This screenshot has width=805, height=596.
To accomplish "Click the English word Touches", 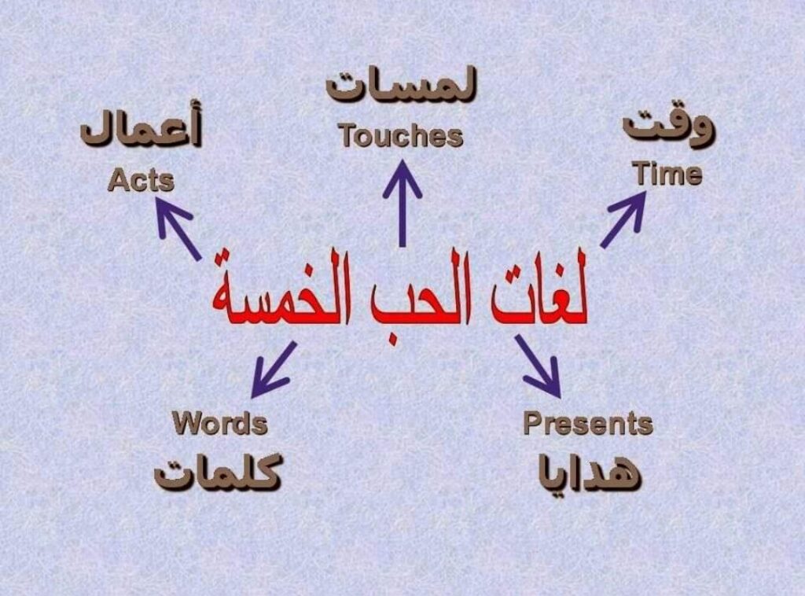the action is pyautogui.click(x=401, y=136).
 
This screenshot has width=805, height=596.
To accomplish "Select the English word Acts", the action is pyautogui.click(x=142, y=180).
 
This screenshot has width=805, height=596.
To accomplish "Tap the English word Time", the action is pyautogui.click(x=667, y=174).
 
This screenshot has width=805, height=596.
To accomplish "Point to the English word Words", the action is pyautogui.click(x=220, y=424).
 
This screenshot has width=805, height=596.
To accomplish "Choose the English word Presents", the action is pyautogui.click(x=588, y=424).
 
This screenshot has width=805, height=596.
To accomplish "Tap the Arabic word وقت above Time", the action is pyautogui.click(x=668, y=128).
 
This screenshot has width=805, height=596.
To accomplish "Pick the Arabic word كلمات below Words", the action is pyautogui.click(x=219, y=471).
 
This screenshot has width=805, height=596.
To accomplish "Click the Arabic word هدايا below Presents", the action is pyautogui.click(x=590, y=471).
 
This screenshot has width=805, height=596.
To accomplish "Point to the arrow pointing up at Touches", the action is pyautogui.click(x=402, y=204).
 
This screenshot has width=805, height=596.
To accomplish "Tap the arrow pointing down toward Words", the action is pyautogui.click(x=273, y=370).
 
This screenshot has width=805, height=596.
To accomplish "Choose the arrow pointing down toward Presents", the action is pyautogui.click(x=538, y=366).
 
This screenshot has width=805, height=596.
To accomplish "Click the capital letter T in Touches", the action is pyautogui.click(x=348, y=135).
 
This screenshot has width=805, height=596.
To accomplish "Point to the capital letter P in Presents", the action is pyautogui.click(x=533, y=423).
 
